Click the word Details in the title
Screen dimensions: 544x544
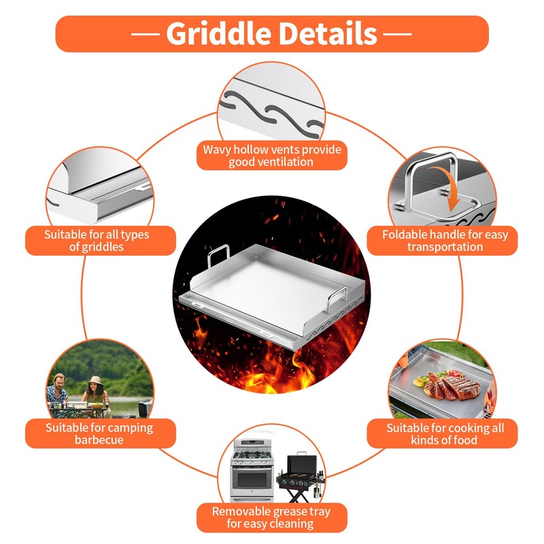click(x=330, y=33)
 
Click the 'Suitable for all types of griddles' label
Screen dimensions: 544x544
click(x=97, y=241)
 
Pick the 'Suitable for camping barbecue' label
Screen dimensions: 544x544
click(x=99, y=434)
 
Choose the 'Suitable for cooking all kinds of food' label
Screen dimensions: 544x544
click(x=445, y=434)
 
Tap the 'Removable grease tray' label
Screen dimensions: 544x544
click(x=271, y=517)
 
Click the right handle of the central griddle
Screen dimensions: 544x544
click(x=338, y=297)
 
